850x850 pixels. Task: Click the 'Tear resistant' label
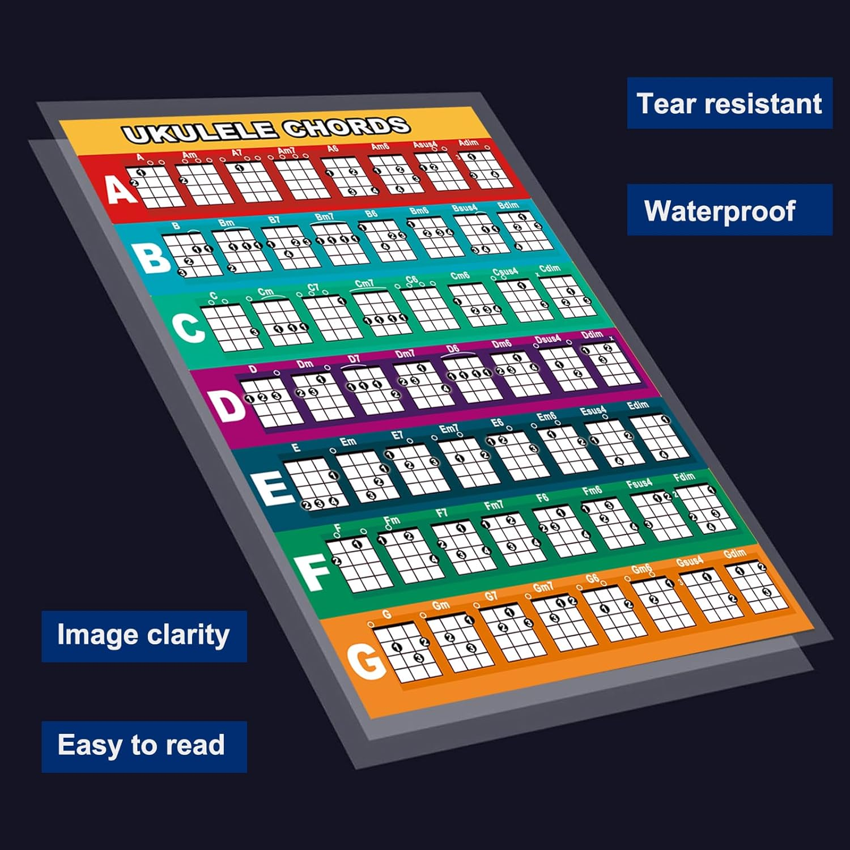pyautogui.click(x=729, y=103)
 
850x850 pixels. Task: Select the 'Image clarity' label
pyautogui.click(x=143, y=635)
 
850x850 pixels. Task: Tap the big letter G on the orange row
pyautogui.click(x=366, y=661)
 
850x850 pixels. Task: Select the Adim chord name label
pyautogui.click(x=468, y=142)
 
